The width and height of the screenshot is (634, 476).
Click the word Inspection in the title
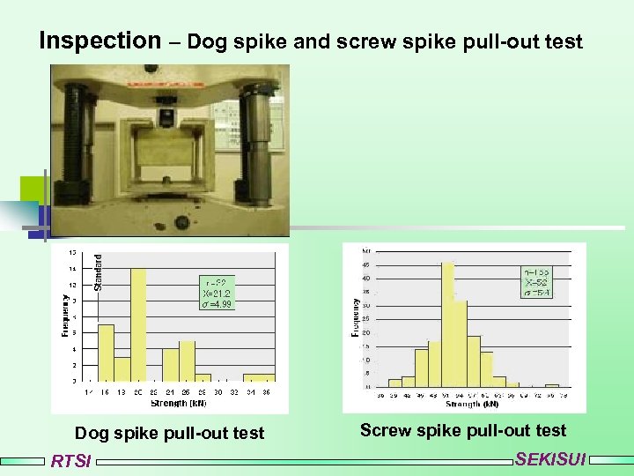pos(100,41)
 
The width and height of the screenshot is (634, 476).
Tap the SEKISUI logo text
pos(549,459)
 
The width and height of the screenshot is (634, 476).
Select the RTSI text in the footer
pos(70,461)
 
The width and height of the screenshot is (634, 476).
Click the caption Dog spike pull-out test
pos(169,433)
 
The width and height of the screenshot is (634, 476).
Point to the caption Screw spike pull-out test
pos(463,430)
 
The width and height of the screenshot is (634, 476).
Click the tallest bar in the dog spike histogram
pos(138,324)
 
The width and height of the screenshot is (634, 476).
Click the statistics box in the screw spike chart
pos(536,282)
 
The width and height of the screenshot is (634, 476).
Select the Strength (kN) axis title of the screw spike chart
pos(472,404)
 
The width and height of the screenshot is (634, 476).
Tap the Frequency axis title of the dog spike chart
pos(65,314)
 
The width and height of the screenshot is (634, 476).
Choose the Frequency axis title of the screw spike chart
pos(356,316)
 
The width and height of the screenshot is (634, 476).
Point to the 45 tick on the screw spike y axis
pos(366,264)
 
